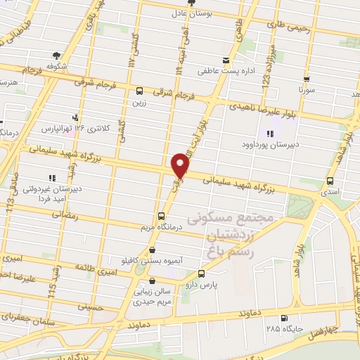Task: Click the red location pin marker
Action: click(x=181, y=165)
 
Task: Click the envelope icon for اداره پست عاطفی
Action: click(x=226, y=60)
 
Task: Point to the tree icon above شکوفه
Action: click(x=55, y=54)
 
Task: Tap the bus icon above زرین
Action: click(x=139, y=91)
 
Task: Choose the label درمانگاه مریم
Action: click(x=158, y=226)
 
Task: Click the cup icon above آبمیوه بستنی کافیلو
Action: click(x=153, y=249)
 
